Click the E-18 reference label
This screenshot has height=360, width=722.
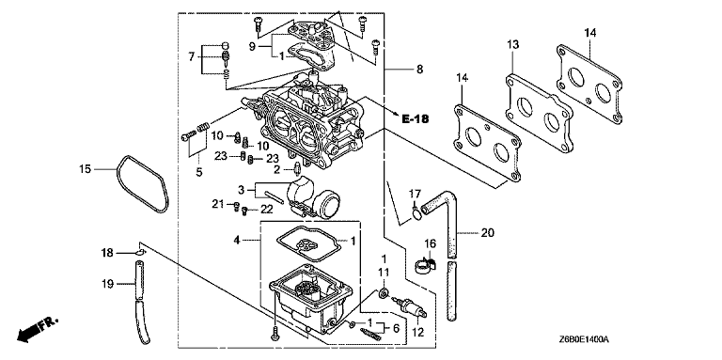[416, 119]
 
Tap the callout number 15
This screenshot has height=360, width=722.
[86, 169]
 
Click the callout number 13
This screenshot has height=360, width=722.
[513, 45]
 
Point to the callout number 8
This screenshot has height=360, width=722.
[419, 70]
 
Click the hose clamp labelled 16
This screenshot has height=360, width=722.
[425, 266]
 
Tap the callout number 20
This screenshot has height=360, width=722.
[487, 233]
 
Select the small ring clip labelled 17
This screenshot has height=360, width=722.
[416, 214]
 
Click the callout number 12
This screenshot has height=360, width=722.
[418, 331]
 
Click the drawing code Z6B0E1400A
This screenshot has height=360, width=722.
[585, 339]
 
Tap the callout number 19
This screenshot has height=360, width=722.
[107, 285]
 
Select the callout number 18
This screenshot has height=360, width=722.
[107, 253]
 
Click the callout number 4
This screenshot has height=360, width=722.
[236, 240]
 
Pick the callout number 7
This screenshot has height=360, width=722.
[191, 57]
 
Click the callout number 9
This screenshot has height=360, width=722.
[252, 46]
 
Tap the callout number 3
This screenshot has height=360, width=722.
[241, 189]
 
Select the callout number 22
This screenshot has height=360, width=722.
[267, 210]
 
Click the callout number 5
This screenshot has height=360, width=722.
[199, 172]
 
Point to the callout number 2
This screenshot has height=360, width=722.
[276, 170]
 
